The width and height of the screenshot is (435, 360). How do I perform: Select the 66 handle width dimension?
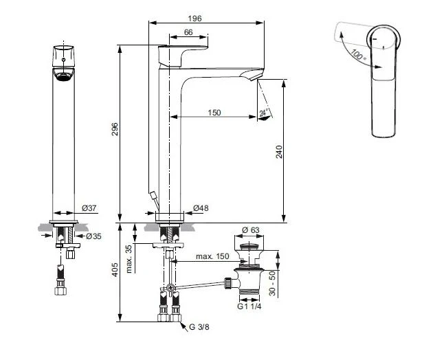tap(188, 32)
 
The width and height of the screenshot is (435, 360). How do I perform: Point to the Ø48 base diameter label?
tap(201, 208)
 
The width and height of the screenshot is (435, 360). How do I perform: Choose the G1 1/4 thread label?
tap(249, 306)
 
